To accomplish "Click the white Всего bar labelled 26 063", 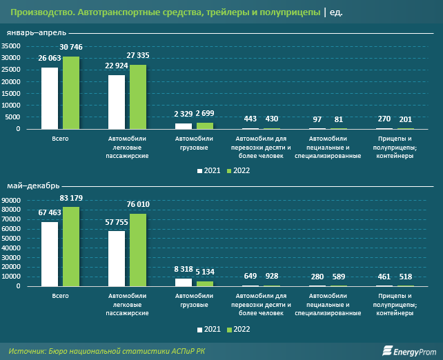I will (x=50, y=98).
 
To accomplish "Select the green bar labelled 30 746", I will (x=71, y=92).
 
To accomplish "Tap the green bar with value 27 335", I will (x=138, y=97).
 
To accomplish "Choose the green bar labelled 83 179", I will (x=71, y=246).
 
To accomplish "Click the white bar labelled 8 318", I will (x=184, y=282).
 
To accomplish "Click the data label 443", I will (x=250, y=119).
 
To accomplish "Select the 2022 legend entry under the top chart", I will (x=238, y=170).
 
